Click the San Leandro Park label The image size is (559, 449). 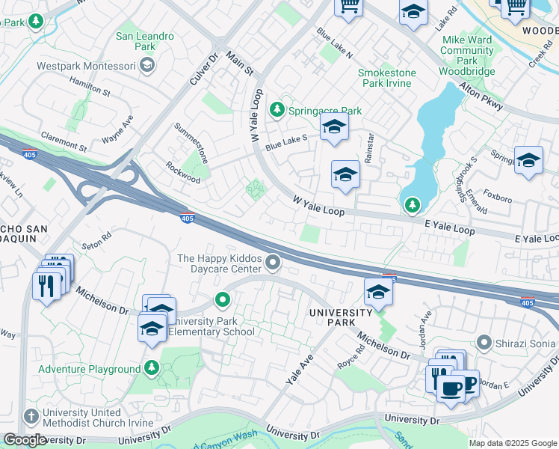pyautogui.click(x=145, y=42)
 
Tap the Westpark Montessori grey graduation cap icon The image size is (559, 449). pyautogui.click(x=147, y=65)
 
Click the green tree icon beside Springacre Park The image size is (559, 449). pyautogui.click(x=277, y=111)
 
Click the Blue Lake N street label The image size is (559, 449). pyautogui.click(x=334, y=44)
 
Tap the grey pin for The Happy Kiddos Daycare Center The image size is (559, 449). pyautogui.click(x=274, y=261)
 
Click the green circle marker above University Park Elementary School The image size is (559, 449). pyautogui.click(x=222, y=301)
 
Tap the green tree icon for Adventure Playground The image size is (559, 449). pyautogui.click(x=152, y=368)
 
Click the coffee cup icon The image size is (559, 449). pyautogui.click(x=451, y=388)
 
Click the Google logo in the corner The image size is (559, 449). pyautogui.click(x=24, y=440)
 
